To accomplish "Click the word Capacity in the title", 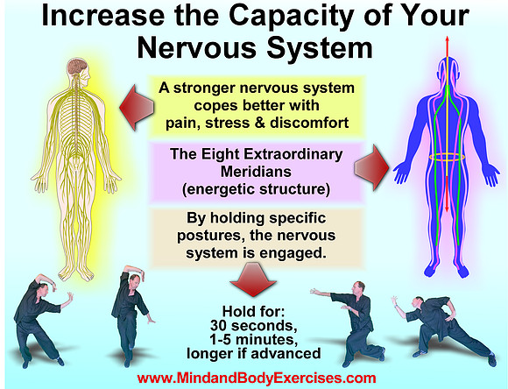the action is (x=291, y=16).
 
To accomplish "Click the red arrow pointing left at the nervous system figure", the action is (x=137, y=108).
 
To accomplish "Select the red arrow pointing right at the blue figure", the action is (x=372, y=167).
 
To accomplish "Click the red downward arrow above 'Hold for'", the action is (x=253, y=279).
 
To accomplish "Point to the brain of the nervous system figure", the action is (x=78, y=66).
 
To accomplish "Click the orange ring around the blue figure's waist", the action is (x=447, y=157).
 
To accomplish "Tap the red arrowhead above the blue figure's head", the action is (x=447, y=40).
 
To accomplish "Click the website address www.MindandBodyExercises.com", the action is (x=257, y=378).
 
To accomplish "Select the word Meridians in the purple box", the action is (x=256, y=172).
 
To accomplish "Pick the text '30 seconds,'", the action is (x=254, y=325).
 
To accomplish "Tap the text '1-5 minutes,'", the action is (x=254, y=339).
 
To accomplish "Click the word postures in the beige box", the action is (x=210, y=236).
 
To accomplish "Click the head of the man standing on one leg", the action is (x=134, y=280).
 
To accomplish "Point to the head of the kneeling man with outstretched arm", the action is (x=358, y=287).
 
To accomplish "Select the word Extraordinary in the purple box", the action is (x=293, y=154).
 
